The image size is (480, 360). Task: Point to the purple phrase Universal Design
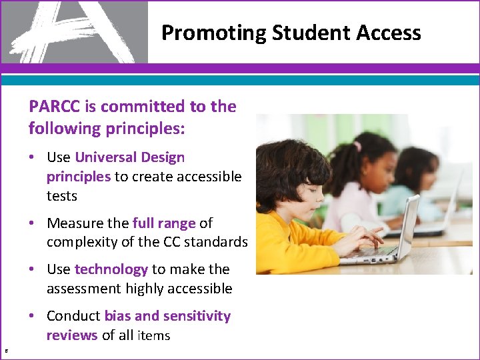[x=130, y=157]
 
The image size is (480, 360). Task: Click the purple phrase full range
[x=163, y=223]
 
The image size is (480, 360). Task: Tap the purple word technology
[x=111, y=269]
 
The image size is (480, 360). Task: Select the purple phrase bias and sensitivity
[x=167, y=316]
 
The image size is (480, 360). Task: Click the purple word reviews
[x=72, y=335]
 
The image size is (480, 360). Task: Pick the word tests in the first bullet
[x=62, y=196]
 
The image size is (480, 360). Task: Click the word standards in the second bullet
[x=215, y=242]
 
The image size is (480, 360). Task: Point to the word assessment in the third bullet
[x=81, y=289]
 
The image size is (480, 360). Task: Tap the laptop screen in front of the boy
[x=407, y=227]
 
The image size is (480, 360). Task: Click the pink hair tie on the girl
[x=358, y=145]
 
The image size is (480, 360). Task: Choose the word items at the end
[x=153, y=336]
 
